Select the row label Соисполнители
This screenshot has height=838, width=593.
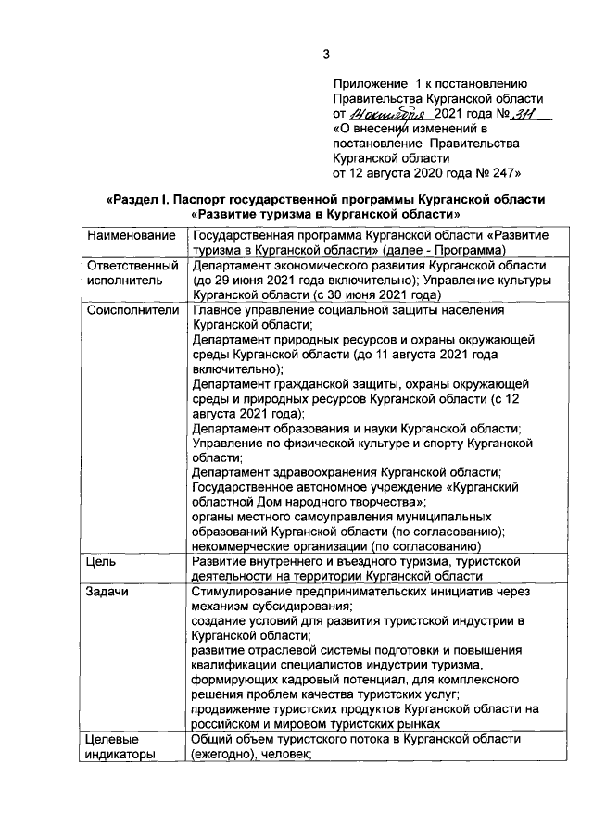tap(132, 309)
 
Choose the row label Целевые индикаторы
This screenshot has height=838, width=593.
tap(120, 746)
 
